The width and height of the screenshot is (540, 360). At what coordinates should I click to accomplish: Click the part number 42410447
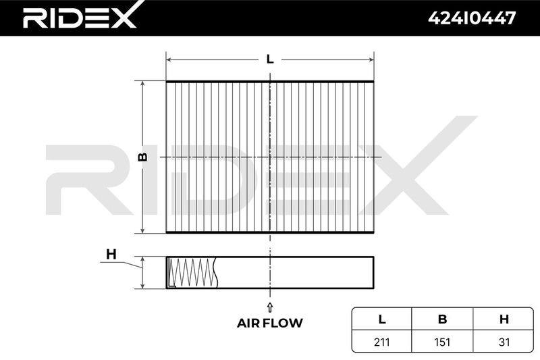[472, 18]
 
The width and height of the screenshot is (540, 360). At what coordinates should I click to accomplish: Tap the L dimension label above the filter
[270, 59]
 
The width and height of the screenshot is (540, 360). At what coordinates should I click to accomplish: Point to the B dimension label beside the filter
[142, 157]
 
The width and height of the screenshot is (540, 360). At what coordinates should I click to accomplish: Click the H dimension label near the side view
[111, 255]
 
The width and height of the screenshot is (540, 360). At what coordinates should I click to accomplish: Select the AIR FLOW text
[269, 323]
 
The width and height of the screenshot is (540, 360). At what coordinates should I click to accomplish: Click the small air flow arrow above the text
[270, 307]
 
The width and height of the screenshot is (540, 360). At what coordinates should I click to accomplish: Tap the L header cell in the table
[382, 319]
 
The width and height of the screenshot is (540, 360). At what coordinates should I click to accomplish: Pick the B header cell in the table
[442, 319]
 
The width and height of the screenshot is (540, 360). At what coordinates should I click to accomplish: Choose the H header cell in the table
[504, 319]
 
